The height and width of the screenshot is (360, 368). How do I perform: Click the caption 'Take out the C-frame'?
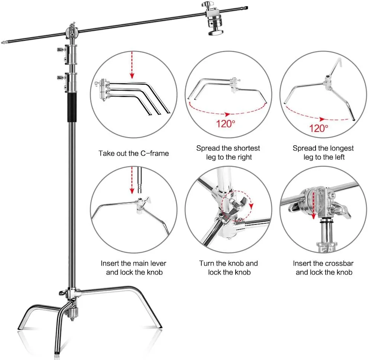pos(133,153)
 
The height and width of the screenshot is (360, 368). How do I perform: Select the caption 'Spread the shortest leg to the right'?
pos(228,153)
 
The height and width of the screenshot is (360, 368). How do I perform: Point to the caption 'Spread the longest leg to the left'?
pos(323,153)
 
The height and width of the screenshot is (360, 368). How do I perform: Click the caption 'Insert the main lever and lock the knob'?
pos(133,268)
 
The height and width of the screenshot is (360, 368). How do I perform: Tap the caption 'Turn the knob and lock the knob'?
pos(229,268)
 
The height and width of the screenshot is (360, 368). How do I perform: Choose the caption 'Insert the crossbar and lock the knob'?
pos(323,268)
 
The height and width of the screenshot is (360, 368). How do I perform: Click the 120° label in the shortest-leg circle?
pos(225,124)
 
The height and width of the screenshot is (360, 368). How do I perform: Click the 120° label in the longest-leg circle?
pos(319,128)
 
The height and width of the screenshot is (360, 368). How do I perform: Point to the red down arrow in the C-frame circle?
pos(132,65)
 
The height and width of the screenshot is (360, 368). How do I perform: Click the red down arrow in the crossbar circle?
pos(313,205)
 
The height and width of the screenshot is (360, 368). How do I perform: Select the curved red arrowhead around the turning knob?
pos(251,206)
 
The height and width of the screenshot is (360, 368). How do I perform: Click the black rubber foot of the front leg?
pos(57,352)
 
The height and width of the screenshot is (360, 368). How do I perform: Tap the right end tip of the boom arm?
pos(247,8)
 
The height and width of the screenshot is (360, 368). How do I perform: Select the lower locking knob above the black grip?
pos(61,77)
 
